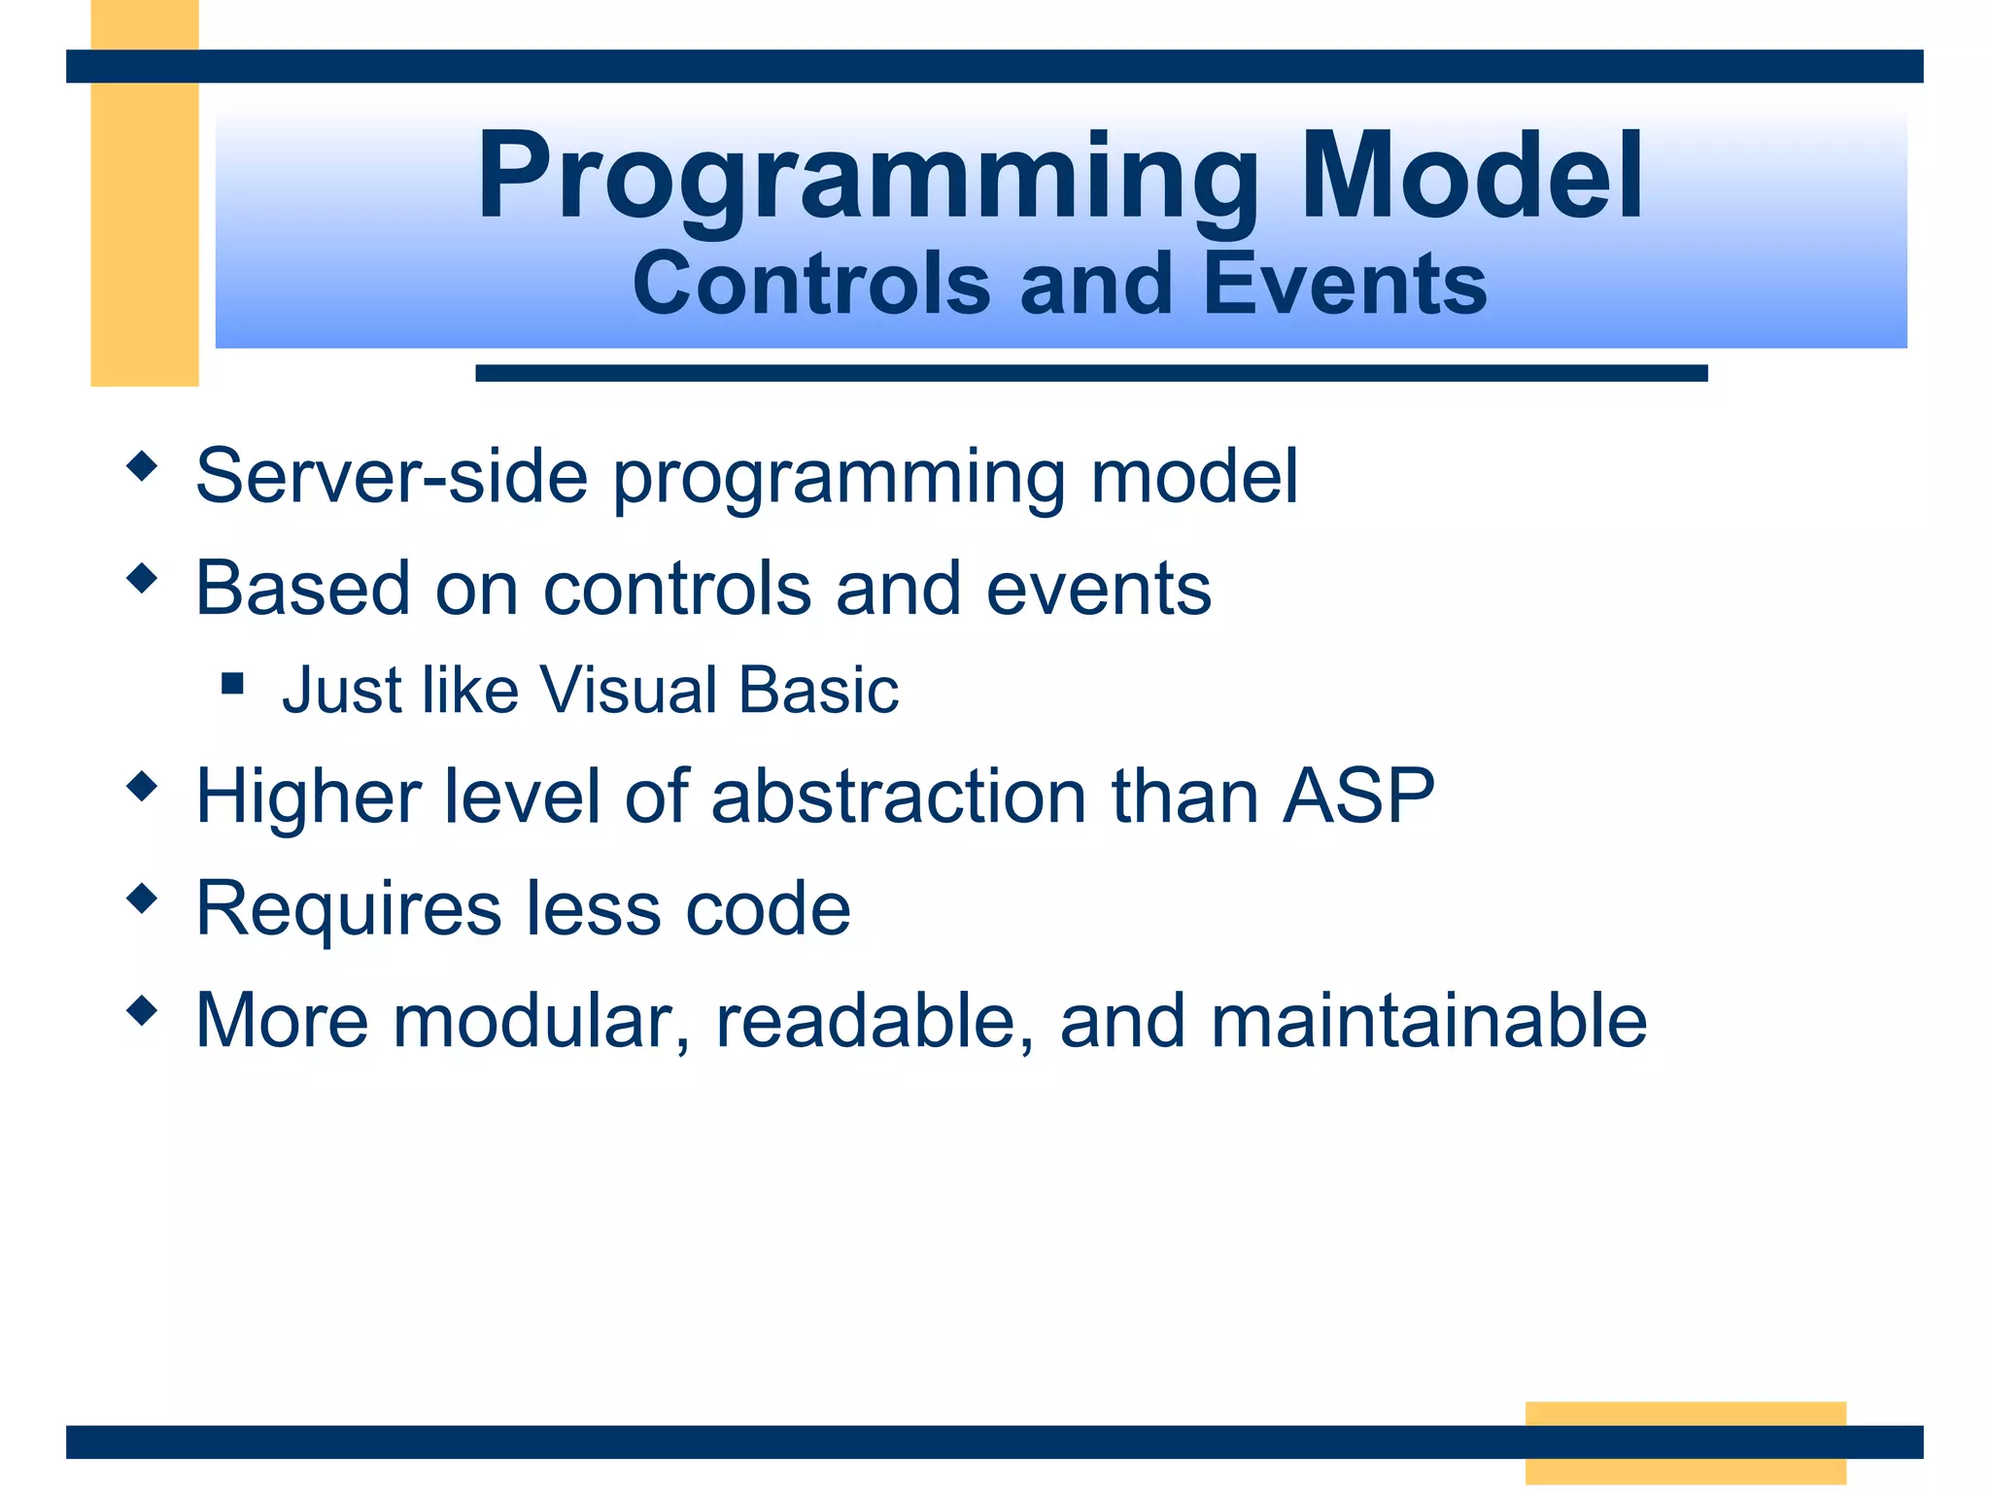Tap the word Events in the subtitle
tap(1345, 284)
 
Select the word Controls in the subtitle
tap(811, 284)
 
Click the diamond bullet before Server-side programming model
tap(142, 467)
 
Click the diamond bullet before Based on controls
tap(142, 579)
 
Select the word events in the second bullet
tap(1098, 589)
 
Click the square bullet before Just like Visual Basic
tap(232, 684)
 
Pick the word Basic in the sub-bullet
tap(818, 691)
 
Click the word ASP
tap(1357, 797)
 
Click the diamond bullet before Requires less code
tap(142, 899)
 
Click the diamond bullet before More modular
tap(142, 1010)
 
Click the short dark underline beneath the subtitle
tap(1090, 373)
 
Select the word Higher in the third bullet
tap(308, 797)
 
